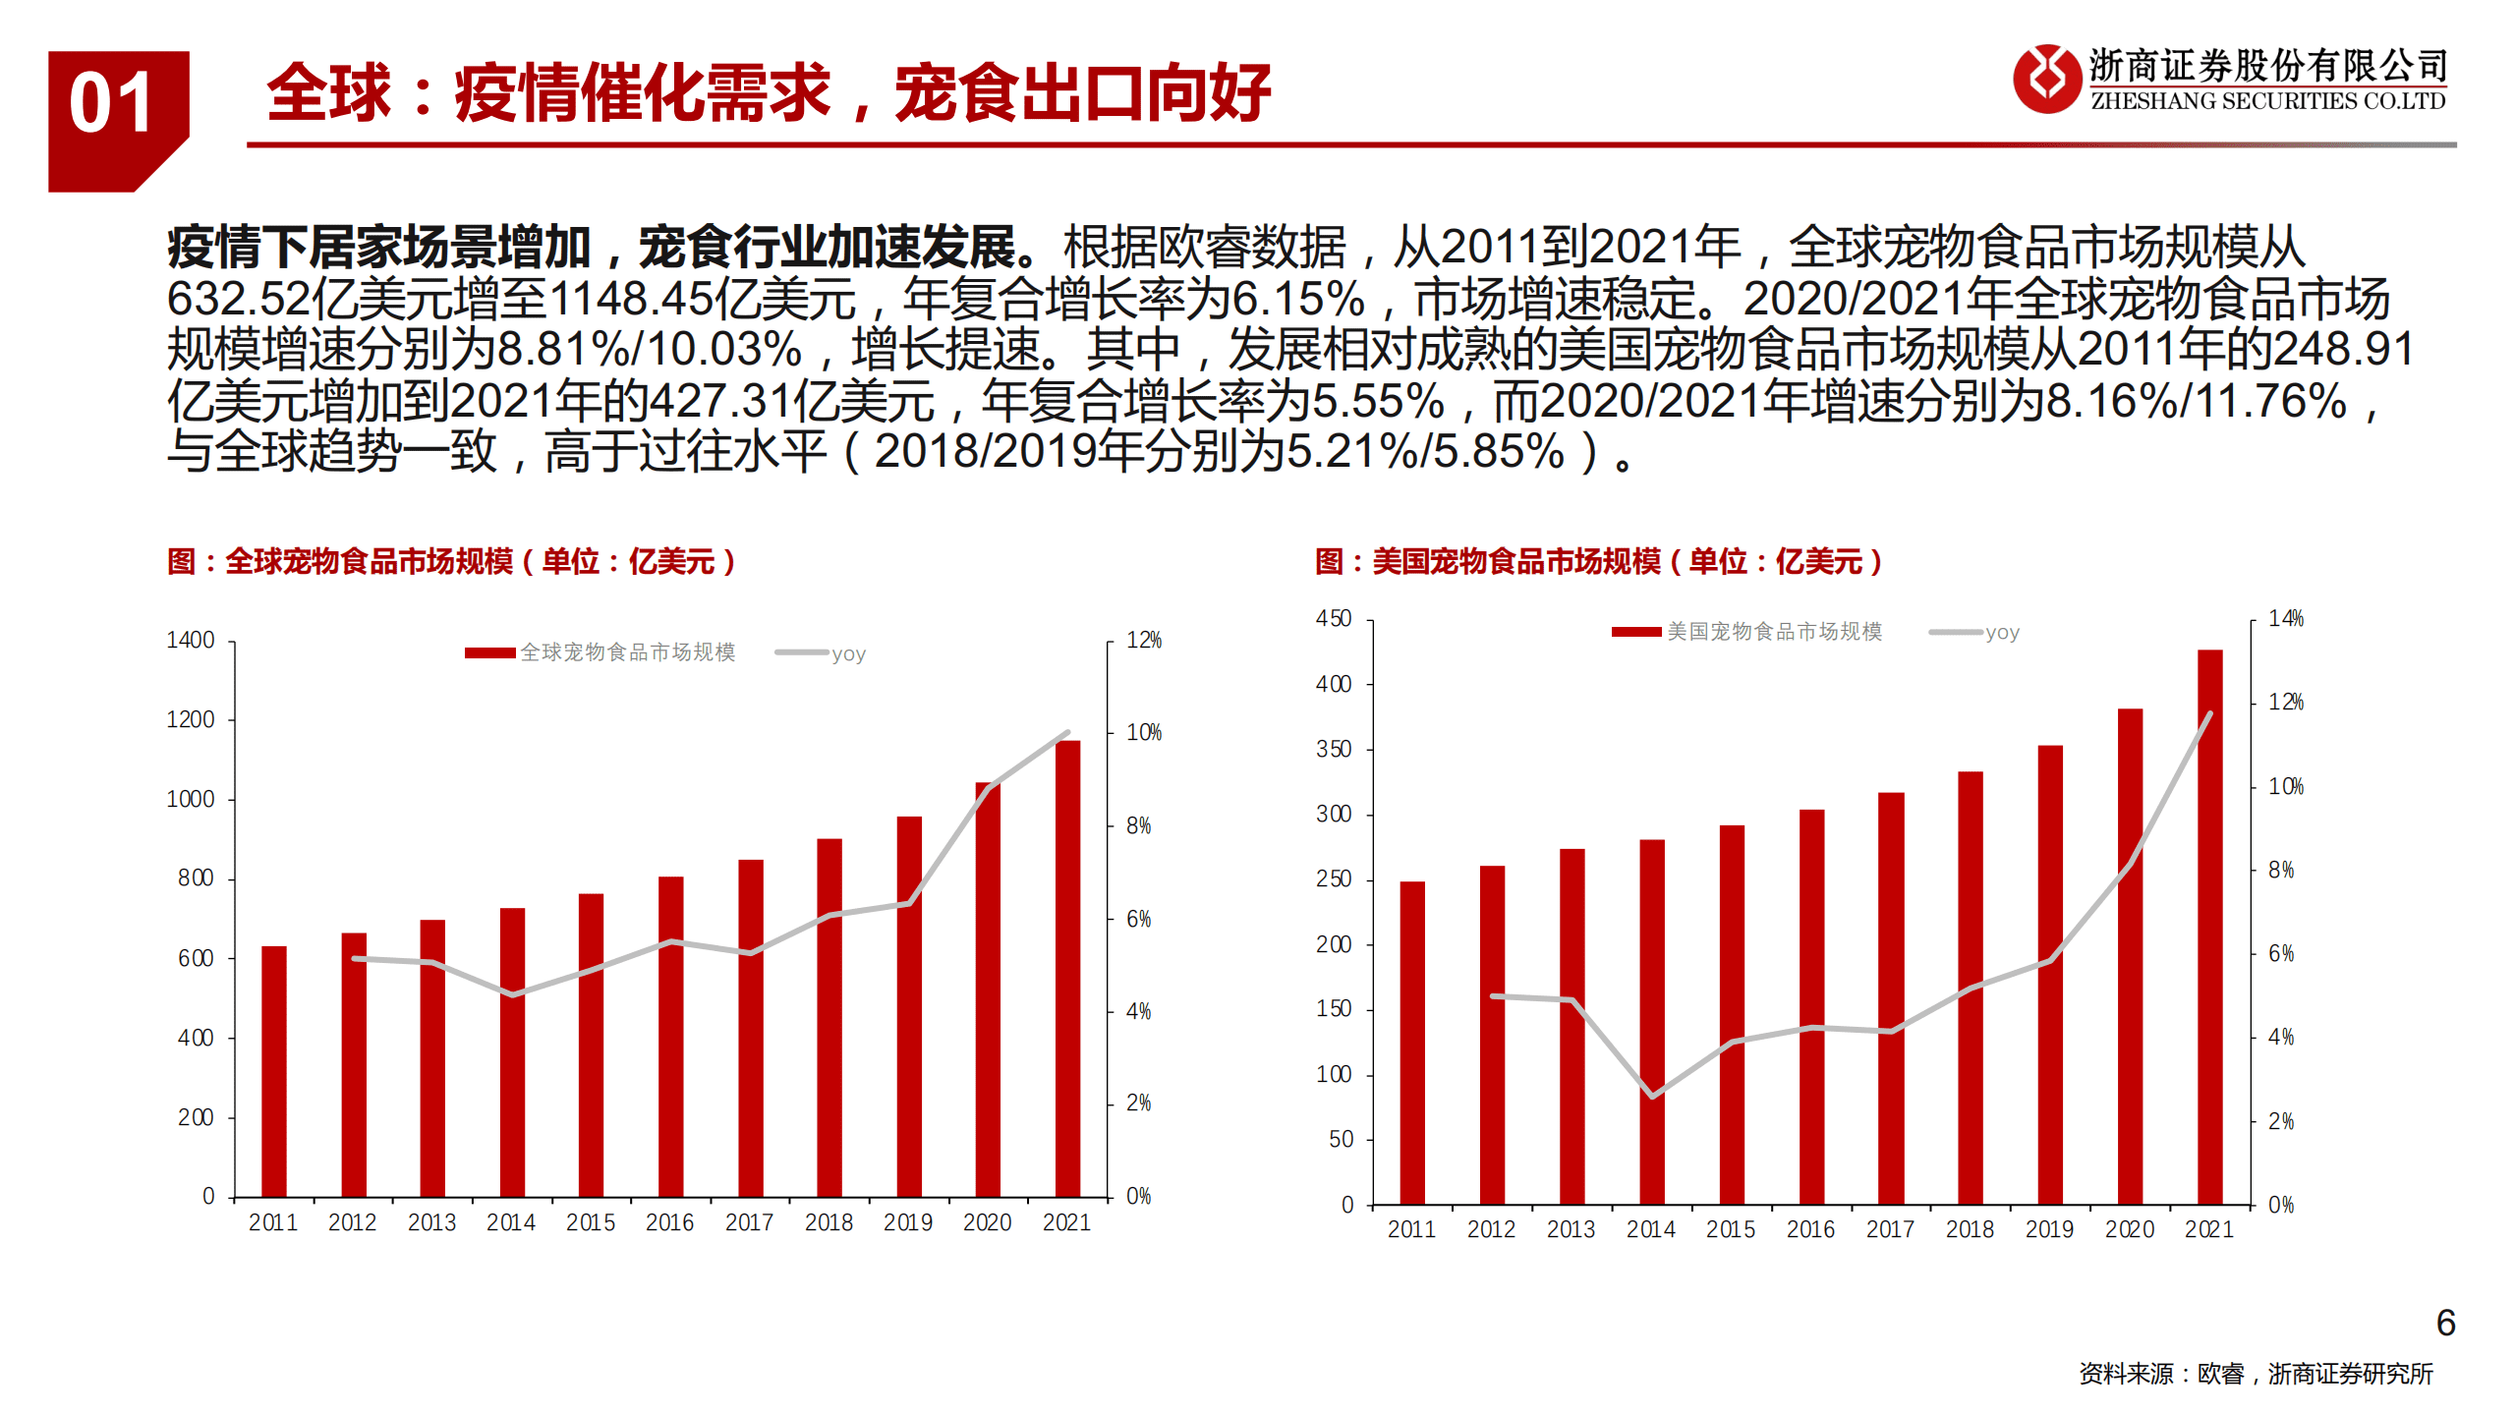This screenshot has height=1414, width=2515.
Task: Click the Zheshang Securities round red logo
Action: (x=2046, y=79)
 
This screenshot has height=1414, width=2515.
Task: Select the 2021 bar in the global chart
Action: (x=1067, y=968)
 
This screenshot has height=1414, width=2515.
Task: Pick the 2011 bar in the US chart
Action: (x=1411, y=1042)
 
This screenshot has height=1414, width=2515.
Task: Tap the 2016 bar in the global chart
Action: (x=670, y=1036)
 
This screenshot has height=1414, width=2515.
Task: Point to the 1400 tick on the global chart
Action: (x=191, y=641)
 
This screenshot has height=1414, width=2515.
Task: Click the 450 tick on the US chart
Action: (x=1334, y=619)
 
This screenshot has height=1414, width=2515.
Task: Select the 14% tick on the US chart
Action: (x=2285, y=619)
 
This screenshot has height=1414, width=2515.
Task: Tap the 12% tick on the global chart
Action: (x=1143, y=641)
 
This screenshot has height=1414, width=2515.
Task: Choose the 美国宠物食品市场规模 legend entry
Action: (x=1747, y=632)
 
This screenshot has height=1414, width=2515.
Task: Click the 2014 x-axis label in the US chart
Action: (x=1650, y=1229)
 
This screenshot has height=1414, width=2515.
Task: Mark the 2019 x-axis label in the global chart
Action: (x=907, y=1222)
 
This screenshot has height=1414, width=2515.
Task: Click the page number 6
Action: (x=2445, y=1323)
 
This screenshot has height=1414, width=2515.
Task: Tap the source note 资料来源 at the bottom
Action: (x=2255, y=1374)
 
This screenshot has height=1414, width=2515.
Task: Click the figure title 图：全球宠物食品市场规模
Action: (x=451, y=562)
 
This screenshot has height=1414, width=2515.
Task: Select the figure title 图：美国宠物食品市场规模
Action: (x=1598, y=562)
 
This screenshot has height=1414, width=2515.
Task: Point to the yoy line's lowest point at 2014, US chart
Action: (x=1652, y=1096)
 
